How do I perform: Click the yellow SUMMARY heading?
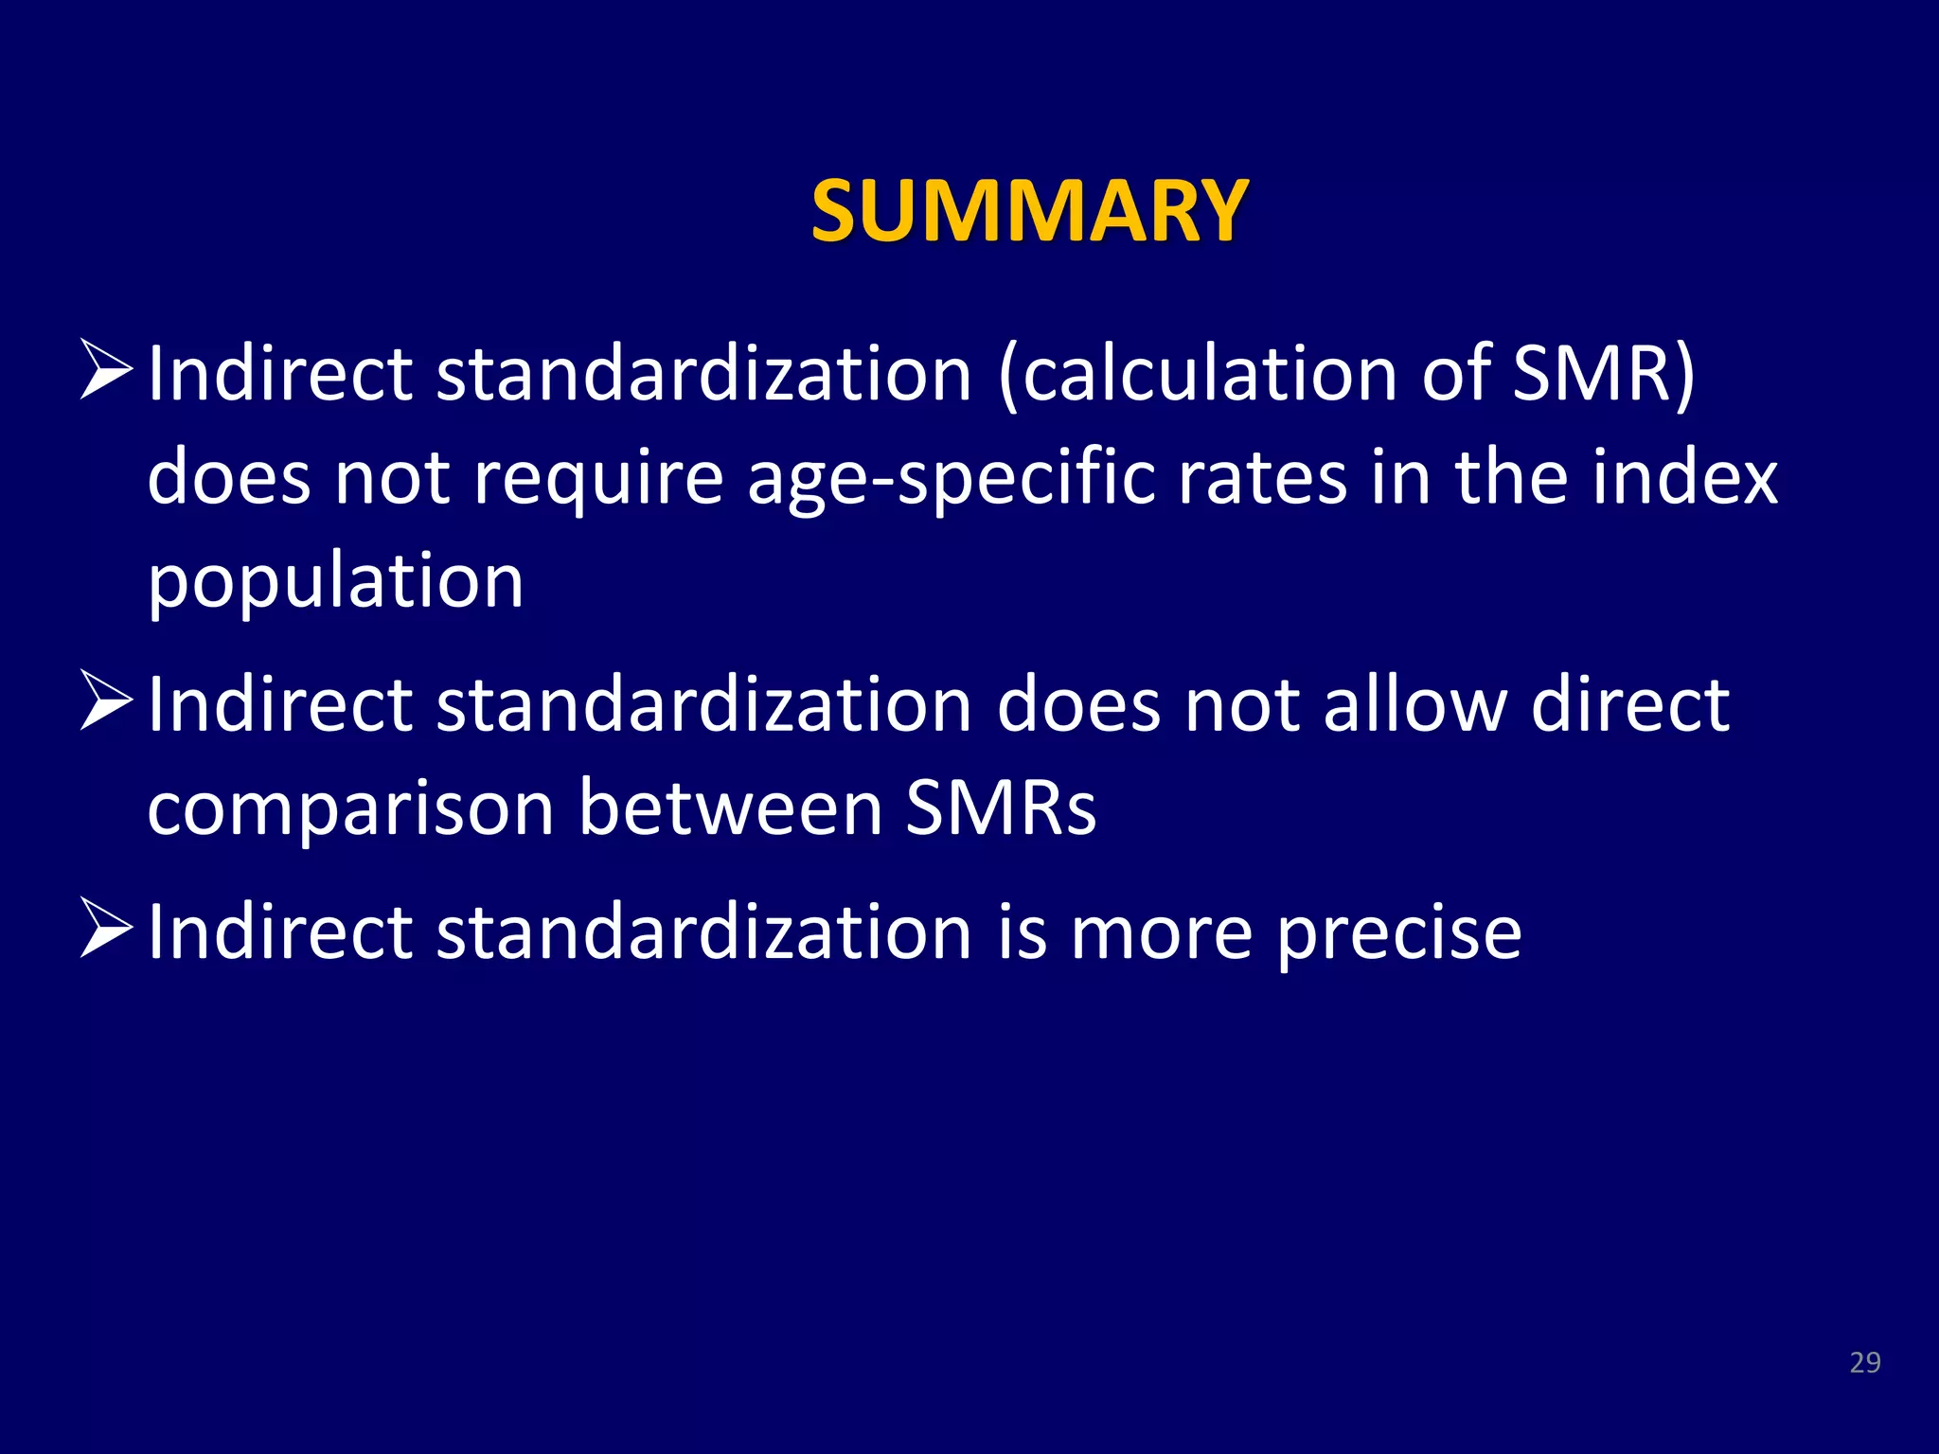pos(1029,210)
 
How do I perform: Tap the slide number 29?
pos(1864,1362)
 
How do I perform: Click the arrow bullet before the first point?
pos(105,370)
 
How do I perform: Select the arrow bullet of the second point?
pos(105,700)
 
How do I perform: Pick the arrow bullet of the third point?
pos(105,928)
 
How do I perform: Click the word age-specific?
pos(951,479)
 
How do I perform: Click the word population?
pos(335,583)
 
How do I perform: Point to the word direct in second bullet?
pos(1630,705)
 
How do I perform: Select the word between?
pos(730,809)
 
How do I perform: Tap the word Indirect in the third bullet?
pos(280,932)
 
